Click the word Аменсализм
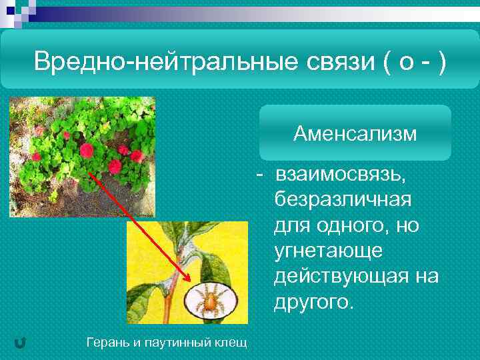(x=355, y=135)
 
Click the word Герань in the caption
(x=107, y=343)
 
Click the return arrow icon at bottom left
(x=20, y=343)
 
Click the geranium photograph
(x=81, y=157)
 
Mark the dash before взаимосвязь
(x=264, y=175)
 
